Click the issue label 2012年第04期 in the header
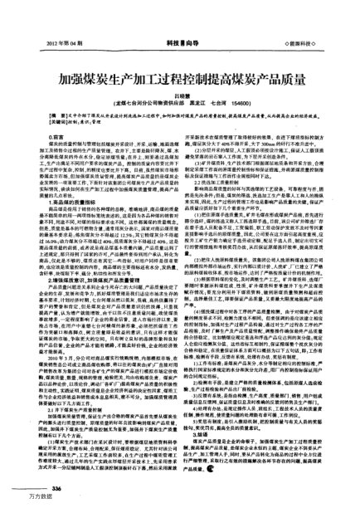tap(51, 17)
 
